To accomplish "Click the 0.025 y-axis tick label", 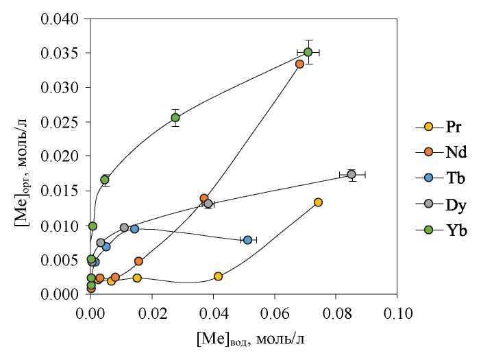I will tap(60, 122).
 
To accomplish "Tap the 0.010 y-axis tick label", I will tap(60, 226).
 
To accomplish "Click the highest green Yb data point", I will tap(308, 52).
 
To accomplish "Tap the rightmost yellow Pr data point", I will tap(318, 202).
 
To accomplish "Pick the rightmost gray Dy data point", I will tap(351, 174).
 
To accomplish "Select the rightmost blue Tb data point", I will tap(247, 240).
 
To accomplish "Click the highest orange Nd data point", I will tap(299, 64).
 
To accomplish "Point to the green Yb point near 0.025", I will tap(175, 117).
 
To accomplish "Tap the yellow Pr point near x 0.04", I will tap(218, 276).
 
